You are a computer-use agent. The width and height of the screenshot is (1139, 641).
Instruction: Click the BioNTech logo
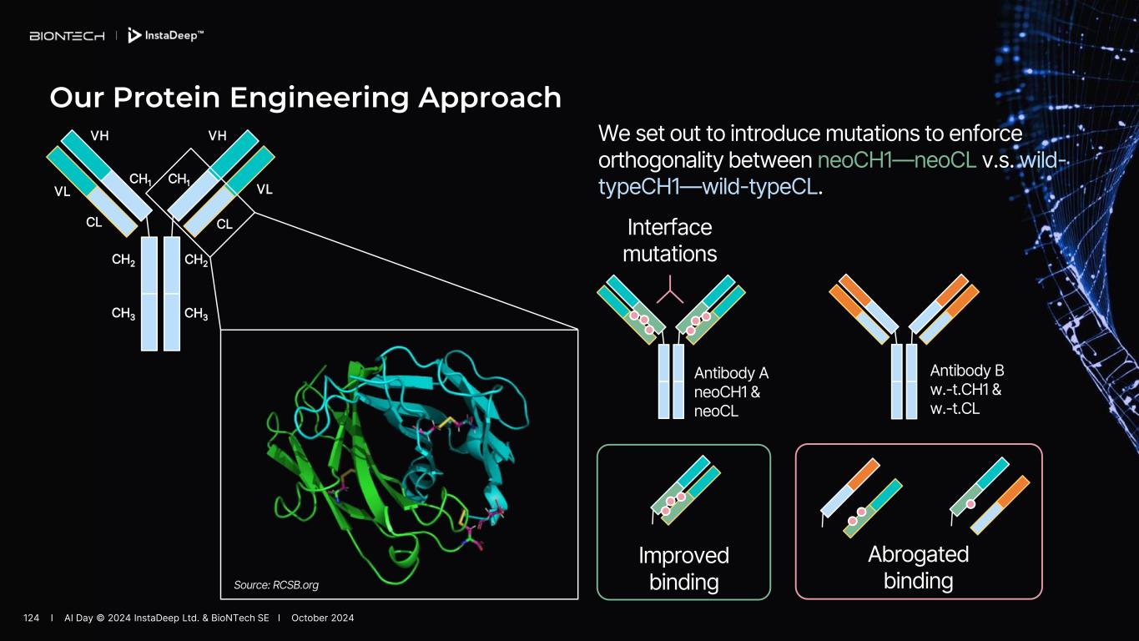click(67, 36)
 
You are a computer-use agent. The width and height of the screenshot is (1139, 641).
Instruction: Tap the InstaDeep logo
click(166, 36)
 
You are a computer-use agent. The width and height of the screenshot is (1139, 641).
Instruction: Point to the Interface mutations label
click(669, 240)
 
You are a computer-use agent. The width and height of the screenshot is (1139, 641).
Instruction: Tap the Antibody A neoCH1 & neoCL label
click(731, 391)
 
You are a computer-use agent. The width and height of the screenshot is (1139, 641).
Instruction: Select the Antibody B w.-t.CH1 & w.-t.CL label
click(966, 389)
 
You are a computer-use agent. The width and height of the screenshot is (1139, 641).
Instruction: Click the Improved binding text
click(683, 568)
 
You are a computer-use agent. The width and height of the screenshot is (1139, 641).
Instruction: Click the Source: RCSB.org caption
click(276, 585)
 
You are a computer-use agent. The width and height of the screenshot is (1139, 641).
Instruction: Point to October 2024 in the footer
click(322, 618)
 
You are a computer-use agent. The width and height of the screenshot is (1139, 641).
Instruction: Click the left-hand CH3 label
click(123, 314)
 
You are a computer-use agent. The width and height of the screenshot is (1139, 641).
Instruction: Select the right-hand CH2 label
click(196, 260)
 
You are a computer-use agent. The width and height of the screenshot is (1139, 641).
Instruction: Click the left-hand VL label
click(62, 191)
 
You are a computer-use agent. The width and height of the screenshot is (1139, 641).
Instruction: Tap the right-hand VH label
click(218, 136)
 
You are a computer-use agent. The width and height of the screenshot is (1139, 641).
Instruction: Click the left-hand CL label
click(94, 223)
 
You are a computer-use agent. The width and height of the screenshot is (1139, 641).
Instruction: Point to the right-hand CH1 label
click(179, 179)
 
